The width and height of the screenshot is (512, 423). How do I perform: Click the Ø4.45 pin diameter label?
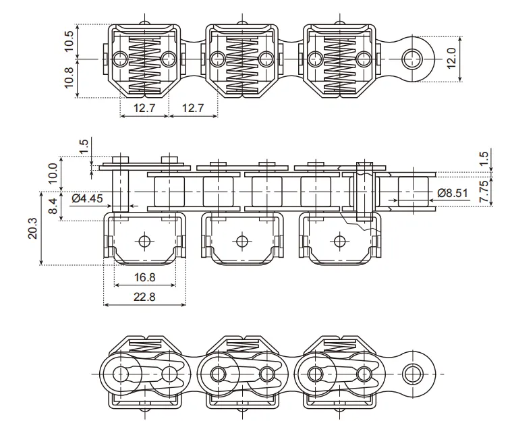87,198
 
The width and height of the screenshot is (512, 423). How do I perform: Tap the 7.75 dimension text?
484,192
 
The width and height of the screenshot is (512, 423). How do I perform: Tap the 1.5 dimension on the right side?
484,158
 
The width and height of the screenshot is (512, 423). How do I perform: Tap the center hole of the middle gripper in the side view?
241,241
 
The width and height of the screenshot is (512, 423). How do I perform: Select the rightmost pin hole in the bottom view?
411,374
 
